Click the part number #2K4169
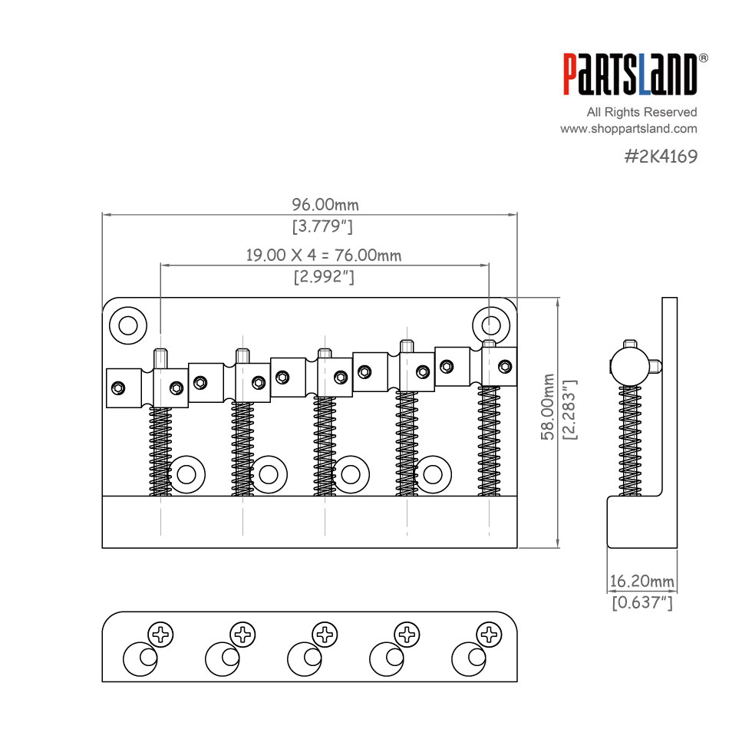[661, 157]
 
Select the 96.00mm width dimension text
[325, 205]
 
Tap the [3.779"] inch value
[322, 226]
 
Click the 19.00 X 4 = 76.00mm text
[324, 256]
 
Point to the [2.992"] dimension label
[324, 277]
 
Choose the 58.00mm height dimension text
[548, 407]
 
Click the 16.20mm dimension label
[642, 581]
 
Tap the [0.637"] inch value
[642, 603]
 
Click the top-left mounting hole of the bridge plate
[128, 325]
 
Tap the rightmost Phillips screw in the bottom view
[488, 635]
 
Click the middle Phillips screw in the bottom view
[325, 635]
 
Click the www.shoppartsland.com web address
[628, 129]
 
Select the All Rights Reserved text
[642, 112]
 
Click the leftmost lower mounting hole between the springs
[186, 474]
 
